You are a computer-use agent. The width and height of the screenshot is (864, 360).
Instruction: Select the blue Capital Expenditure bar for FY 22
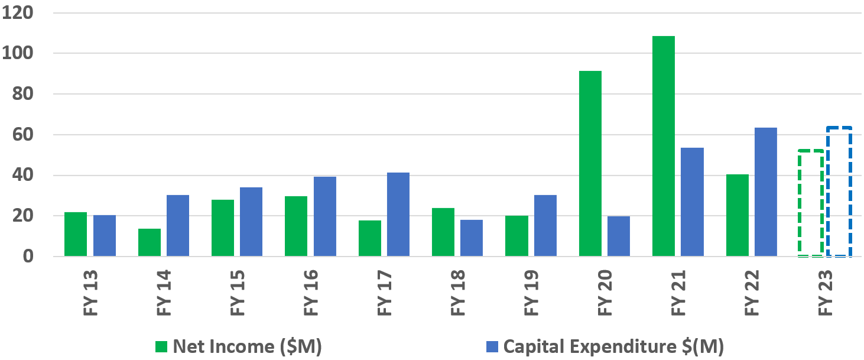pos(765,192)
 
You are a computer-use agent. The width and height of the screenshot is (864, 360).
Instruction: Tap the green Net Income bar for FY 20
pos(590,164)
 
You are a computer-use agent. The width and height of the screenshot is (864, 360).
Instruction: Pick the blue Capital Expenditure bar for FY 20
pos(618,236)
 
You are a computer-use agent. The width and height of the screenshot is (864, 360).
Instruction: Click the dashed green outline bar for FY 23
pos(810,203)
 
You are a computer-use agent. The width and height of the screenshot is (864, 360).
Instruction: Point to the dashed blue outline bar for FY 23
pos(839,192)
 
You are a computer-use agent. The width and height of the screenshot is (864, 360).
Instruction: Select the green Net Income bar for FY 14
pos(149,242)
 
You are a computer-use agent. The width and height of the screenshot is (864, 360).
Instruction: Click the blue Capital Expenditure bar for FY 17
pos(398,215)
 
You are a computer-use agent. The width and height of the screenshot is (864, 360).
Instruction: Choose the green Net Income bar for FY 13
pos(76,234)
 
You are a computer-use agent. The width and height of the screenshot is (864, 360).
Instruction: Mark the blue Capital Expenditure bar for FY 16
pos(324,216)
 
